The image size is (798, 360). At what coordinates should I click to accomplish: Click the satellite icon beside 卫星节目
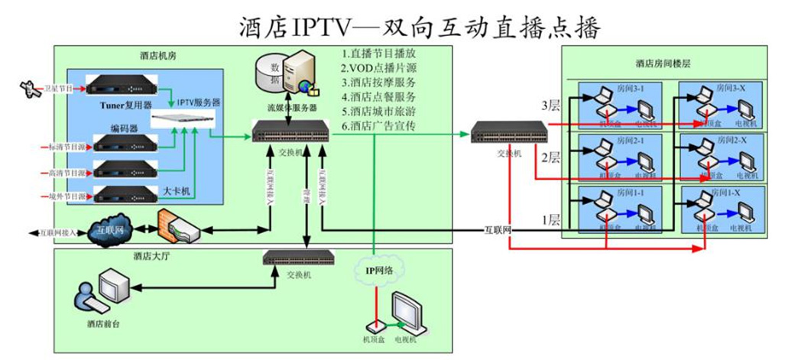30,89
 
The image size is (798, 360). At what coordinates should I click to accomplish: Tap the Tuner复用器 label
126,106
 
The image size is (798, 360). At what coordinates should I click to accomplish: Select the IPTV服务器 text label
199,102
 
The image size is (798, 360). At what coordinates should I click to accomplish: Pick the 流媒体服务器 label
291,109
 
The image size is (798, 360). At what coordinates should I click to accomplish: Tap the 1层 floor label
551,220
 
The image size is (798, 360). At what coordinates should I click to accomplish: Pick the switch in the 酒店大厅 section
300,258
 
